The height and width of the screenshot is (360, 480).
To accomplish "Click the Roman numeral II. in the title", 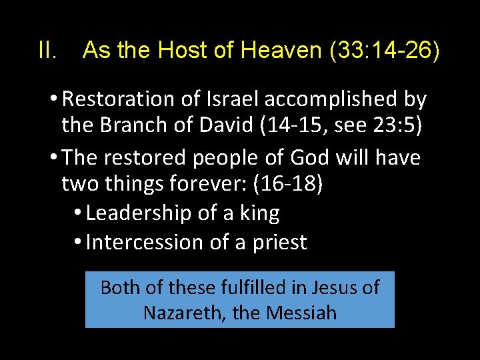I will tap(49, 51).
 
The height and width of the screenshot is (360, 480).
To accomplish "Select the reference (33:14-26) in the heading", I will tap(385, 51).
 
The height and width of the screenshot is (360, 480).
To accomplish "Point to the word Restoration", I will tap(119, 99).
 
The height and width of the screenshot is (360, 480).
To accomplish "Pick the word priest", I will tap(279, 242).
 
